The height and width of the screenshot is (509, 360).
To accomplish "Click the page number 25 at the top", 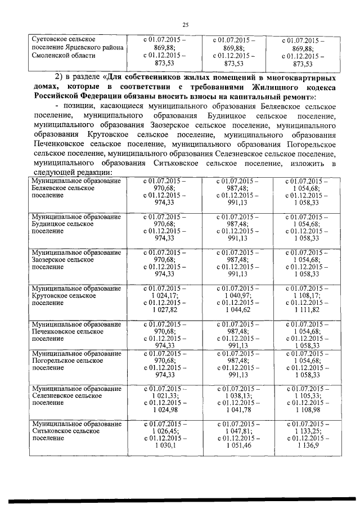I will [x=186, y=24].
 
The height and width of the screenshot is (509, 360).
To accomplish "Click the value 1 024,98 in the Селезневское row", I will [x=165, y=410].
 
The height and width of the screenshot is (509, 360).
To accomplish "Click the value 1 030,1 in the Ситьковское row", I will [x=165, y=445].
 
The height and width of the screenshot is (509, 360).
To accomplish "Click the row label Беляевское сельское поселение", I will [x=76, y=190].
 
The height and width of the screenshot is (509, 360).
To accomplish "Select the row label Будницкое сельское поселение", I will [x=76, y=223].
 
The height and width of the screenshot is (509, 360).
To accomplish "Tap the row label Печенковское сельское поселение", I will [x=76, y=332].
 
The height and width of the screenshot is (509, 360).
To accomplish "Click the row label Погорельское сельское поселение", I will [x=76, y=360].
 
